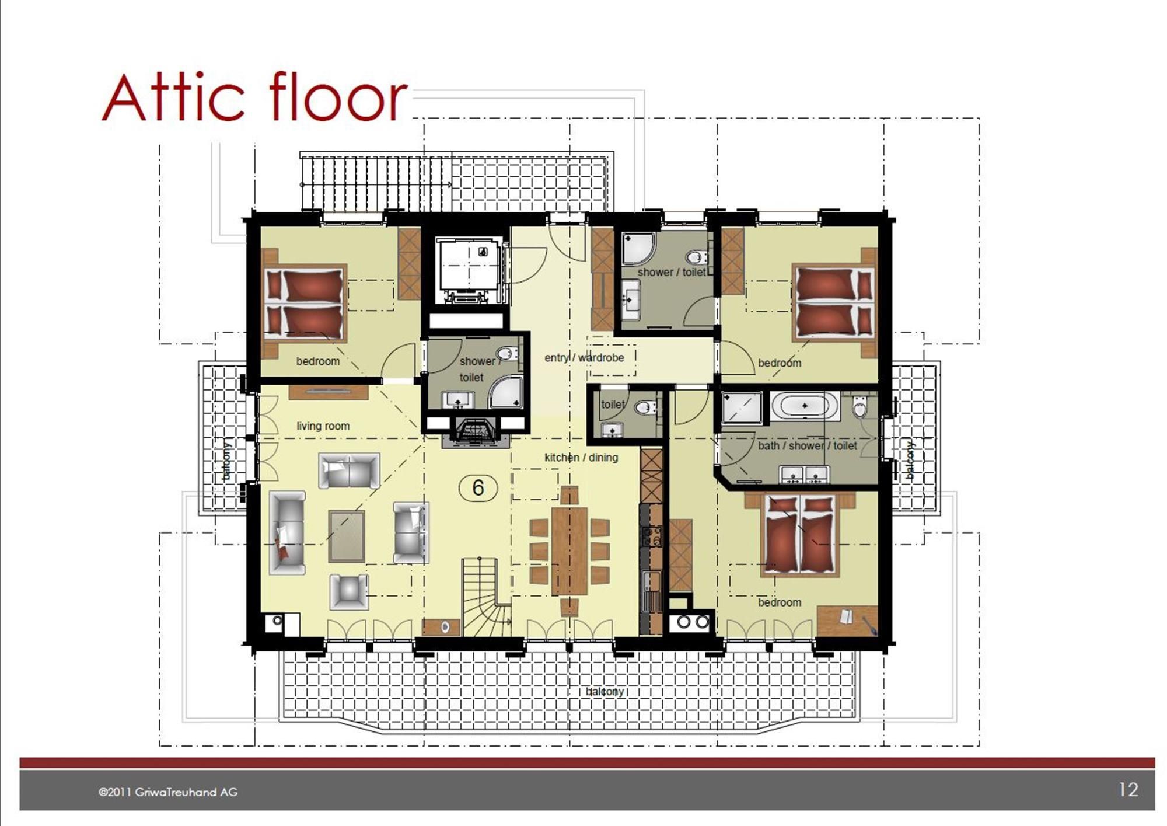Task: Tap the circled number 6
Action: tap(478, 487)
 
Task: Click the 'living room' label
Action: tap(323, 426)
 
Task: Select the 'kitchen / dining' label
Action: tap(581, 458)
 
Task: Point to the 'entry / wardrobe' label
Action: tap(584, 357)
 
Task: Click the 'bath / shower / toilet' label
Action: tap(808, 446)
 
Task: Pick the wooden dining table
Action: tap(569, 550)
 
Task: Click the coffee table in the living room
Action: tap(347, 536)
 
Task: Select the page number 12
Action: tap(1128, 790)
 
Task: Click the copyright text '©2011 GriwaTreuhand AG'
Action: tap(168, 792)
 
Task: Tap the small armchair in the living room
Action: tap(349, 592)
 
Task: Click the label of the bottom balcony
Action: tap(605, 691)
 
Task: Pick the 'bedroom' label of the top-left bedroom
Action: tap(317, 361)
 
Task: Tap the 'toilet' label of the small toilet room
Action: tap(613, 404)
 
